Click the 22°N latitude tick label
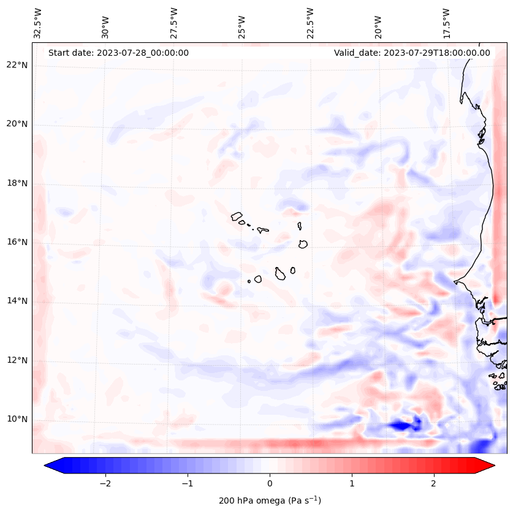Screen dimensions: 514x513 (17, 66)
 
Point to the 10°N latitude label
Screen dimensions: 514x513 (17, 420)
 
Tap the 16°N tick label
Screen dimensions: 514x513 (17, 243)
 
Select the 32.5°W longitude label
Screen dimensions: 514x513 (38, 23)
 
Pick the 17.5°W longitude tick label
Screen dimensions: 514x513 (446, 23)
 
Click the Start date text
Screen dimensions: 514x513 (118, 53)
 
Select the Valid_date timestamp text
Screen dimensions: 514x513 (412, 53)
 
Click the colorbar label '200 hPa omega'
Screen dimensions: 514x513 (270, 501)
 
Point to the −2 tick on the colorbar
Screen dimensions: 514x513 (105, 483)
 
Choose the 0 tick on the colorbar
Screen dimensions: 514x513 (270, 483)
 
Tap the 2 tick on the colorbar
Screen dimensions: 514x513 (434, 483)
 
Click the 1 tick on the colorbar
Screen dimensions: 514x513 (352, 483)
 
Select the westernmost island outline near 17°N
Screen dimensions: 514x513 (237, 216)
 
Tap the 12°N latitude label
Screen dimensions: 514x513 (17, 361)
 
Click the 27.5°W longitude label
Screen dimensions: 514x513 (174, 23)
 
